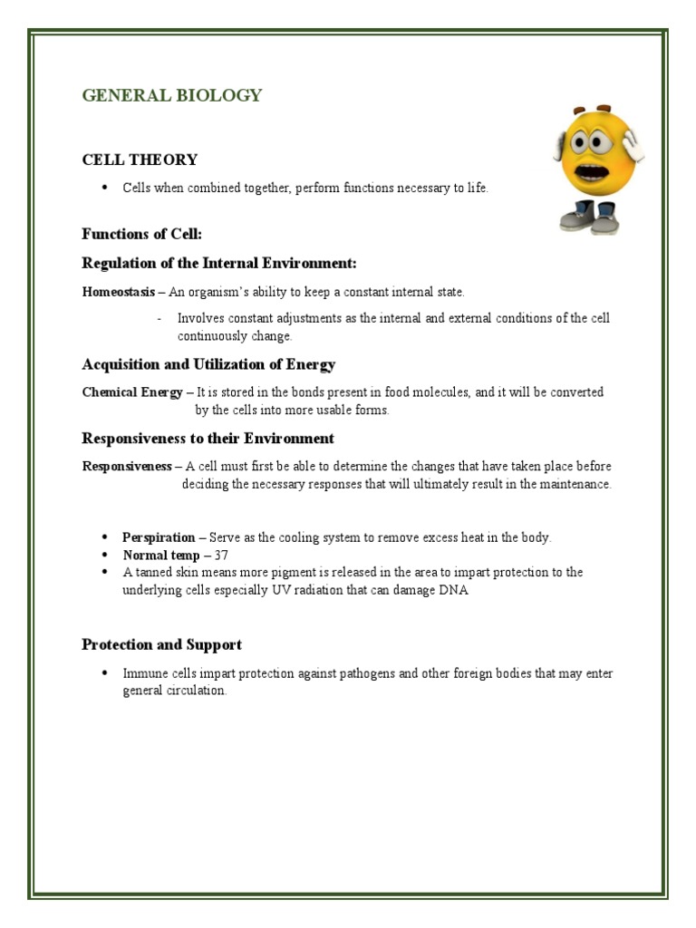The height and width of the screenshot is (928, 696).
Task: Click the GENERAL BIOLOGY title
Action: pos(171,95)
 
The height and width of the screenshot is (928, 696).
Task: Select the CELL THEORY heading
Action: pos(140,159)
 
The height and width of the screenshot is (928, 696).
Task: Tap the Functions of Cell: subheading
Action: pos(141,234)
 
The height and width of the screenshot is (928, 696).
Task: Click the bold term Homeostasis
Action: pos(118,292)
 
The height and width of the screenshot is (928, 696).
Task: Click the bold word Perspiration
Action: pos(159,537)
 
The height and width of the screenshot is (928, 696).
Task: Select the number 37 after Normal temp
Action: pos(221,555)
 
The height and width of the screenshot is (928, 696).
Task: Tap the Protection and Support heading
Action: pos(161,645)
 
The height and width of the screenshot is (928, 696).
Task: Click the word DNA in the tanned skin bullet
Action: pos(456,589)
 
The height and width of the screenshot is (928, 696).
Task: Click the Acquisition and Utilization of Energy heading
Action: pos(208,364)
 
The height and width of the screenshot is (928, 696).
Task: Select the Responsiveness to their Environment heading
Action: pos(208,439)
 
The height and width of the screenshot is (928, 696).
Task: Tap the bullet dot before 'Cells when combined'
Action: pos(105,188)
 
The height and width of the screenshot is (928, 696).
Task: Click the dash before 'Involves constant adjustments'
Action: pos(159,318)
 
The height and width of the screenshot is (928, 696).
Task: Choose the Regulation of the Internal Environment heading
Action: pos(219,263)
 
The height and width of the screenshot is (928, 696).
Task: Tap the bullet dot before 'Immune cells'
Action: pos(105,673)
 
